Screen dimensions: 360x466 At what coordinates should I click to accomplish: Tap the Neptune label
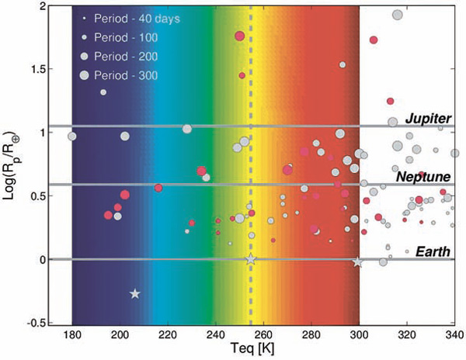[x=424, y=177]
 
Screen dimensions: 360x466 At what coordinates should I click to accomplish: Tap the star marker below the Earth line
[x=135, y=293]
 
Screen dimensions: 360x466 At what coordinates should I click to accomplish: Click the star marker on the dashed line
[x=250, y=260]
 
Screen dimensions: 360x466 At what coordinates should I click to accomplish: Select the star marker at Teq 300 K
[x=357, y=262]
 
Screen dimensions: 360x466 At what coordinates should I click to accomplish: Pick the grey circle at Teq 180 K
[x=72, y=137]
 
